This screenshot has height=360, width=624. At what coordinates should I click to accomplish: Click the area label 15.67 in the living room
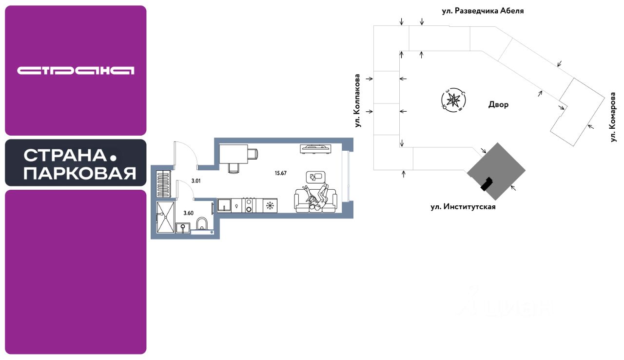[x=280, y=173]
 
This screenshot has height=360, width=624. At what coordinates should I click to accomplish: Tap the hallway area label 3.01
[x=196, y=181]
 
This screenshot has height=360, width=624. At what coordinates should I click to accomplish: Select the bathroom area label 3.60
[x=188, y=213]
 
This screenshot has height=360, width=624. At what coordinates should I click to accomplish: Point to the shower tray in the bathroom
[x=165, y=218]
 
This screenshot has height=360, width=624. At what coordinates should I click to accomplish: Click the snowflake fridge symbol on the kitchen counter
[x=270, y=205]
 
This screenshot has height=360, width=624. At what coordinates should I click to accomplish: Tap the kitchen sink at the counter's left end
[x=224, y=205]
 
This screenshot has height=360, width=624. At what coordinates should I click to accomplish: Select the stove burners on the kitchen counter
[x=248, y=205]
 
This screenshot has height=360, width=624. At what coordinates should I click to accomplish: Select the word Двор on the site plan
[x=498, y=104]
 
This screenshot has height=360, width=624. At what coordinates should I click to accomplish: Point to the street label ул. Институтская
[x=463, y=207]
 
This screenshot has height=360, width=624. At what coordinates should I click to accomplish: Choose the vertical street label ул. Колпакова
[x=358, y=100]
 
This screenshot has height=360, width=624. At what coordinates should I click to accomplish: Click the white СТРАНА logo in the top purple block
[x=76, y=71]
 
